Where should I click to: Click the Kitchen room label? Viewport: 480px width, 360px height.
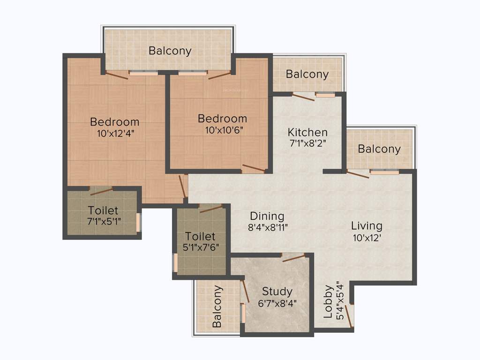tap(307, 132)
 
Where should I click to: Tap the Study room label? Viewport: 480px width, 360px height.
tap(277, 292)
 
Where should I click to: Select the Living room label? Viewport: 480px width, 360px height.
tap(367, 226)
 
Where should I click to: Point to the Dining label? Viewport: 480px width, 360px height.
tap(267, 216)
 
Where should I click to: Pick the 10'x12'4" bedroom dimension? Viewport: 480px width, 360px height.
tap(115, 133)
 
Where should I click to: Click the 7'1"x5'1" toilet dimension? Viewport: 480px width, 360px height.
tap(103, 221)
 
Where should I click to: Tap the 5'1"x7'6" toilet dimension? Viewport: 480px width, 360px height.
tap(200, 247)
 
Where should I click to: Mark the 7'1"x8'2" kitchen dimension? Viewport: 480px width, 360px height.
tap(307, 143)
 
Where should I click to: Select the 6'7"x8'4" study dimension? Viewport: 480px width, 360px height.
tap(277, 302)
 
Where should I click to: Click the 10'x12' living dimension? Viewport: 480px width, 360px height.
tap(367, 237)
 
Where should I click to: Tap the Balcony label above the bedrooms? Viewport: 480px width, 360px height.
tap(170, 51)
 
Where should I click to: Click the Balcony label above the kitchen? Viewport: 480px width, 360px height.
tap(307, 74)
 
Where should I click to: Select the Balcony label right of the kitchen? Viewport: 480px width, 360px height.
tap(379, 149)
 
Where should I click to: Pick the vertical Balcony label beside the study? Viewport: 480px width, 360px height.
tap(217, 306)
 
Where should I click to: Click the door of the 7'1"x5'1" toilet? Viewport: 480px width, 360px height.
tap(101, 191)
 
